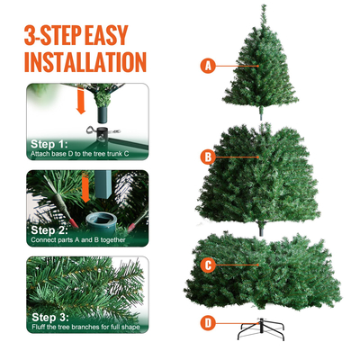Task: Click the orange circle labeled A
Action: coord(209,66)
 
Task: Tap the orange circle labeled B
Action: coord(208,157)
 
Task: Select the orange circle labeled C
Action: coord(208,265)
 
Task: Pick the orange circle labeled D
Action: coord(208,321)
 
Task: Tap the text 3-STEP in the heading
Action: coord(55,35)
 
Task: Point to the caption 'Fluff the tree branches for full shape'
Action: coord(85,328)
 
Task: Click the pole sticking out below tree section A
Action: coord(263,112)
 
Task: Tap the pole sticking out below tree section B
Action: coord(263,227)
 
